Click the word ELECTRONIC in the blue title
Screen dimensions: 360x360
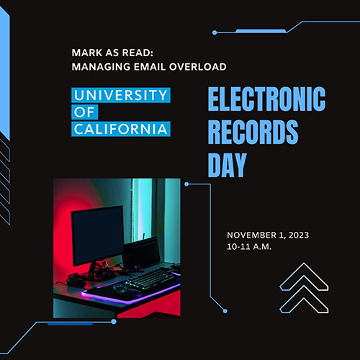(x=266, y=99)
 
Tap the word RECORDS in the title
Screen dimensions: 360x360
(x=253, y=132)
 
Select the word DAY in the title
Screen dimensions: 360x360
(x=228, y=165)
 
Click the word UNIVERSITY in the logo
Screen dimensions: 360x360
(x=121, y=95)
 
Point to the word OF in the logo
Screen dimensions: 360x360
(x=84, y=112)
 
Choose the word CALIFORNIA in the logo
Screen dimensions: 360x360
(x=121, y=129)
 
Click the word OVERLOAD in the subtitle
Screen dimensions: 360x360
(x=198, y=67)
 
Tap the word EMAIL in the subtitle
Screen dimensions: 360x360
(x=149, y=67)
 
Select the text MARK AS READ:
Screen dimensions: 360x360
(x=112, y=53)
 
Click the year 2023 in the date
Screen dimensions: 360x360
(x=299, y=235)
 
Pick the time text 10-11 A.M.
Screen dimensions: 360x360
(x=249, y=246)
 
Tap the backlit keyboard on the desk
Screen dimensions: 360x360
(x=150, y=279)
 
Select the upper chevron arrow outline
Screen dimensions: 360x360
(x=304, y=276)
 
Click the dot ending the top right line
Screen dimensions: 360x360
(x=215, y=32)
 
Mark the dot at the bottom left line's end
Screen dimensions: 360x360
(x=114, y=321)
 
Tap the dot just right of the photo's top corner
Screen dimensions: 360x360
(x=186, y=184)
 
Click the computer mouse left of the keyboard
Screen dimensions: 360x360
(x=76, y=282)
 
